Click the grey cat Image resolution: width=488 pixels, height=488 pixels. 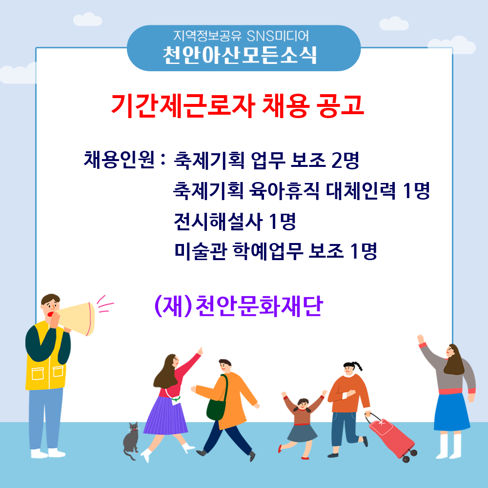point(131,440)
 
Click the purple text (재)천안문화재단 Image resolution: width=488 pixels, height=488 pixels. point(239,306)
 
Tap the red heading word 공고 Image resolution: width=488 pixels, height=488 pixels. point(340,105)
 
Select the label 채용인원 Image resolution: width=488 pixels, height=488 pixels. point(119,160)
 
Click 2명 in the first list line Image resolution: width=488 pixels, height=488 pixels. point(345,160)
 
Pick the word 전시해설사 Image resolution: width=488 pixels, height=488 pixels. point(218,222)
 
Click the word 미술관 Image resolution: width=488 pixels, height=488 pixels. point(201,251)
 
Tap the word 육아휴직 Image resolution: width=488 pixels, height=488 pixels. point(284,190)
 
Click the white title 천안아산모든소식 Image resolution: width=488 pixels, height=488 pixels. point(240,56)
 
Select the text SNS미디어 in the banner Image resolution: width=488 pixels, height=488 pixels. point(278,36)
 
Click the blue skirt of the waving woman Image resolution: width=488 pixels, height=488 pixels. point(451,412)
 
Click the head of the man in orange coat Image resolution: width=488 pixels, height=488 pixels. point(224,366)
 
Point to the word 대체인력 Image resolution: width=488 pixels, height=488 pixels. point(361,190)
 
